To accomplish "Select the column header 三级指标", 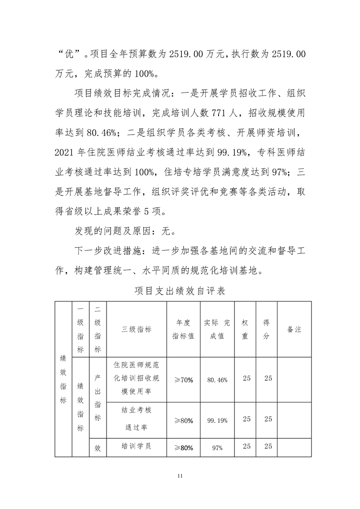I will [136, 330].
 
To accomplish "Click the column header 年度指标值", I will [184, 330].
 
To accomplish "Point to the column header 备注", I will [294, 330].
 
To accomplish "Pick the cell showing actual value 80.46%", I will [217, 379].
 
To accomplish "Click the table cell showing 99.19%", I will [217, 420].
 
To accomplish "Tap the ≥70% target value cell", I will [184, 379].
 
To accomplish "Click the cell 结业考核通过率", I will [136, 419].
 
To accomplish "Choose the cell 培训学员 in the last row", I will [136, 446].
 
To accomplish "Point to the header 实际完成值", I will [217, 330].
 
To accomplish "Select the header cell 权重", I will [245, 330].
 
